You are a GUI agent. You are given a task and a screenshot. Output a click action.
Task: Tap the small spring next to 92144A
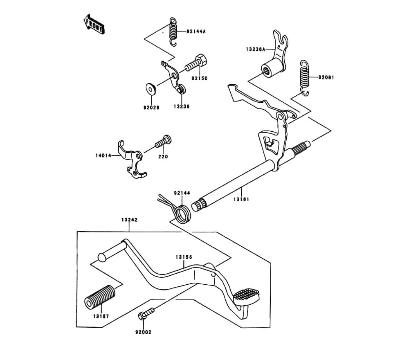pos(173,32)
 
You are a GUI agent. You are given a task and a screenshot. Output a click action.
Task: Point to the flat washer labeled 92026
pos(150,88)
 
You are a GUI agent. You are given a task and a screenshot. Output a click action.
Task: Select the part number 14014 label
pos(104,156)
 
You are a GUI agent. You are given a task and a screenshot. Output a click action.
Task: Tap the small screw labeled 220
pos(162,143)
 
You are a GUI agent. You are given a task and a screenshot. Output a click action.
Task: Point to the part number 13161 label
pos(241,199)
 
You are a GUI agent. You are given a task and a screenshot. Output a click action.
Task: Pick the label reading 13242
pos(129,220)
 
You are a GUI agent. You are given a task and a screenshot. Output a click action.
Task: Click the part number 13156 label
pos(184,257)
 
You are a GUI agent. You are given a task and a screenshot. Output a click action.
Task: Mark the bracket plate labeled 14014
pos(132,160)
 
